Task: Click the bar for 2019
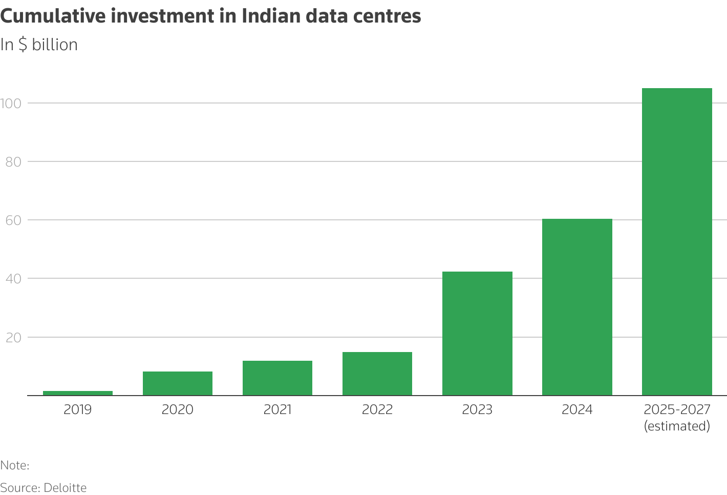(x=78, y=393)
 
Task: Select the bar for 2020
(x=178, y=383)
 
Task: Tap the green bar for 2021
(x=277, y=378)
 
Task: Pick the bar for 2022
(x=377, y=374)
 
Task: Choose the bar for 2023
(x=477, y=334)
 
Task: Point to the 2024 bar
(x=577, y=307)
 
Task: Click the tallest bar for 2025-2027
(x=677, y=242)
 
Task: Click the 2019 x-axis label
(x=78, y=409)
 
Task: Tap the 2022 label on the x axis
(x=377, y=409)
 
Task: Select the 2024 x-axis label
(x=577, y=409)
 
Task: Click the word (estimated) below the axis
(x=677, y=426)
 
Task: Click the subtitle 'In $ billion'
(x=39, y=45)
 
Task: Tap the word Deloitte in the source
(x=65, y=487)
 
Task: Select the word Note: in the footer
(x=15, y=465)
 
